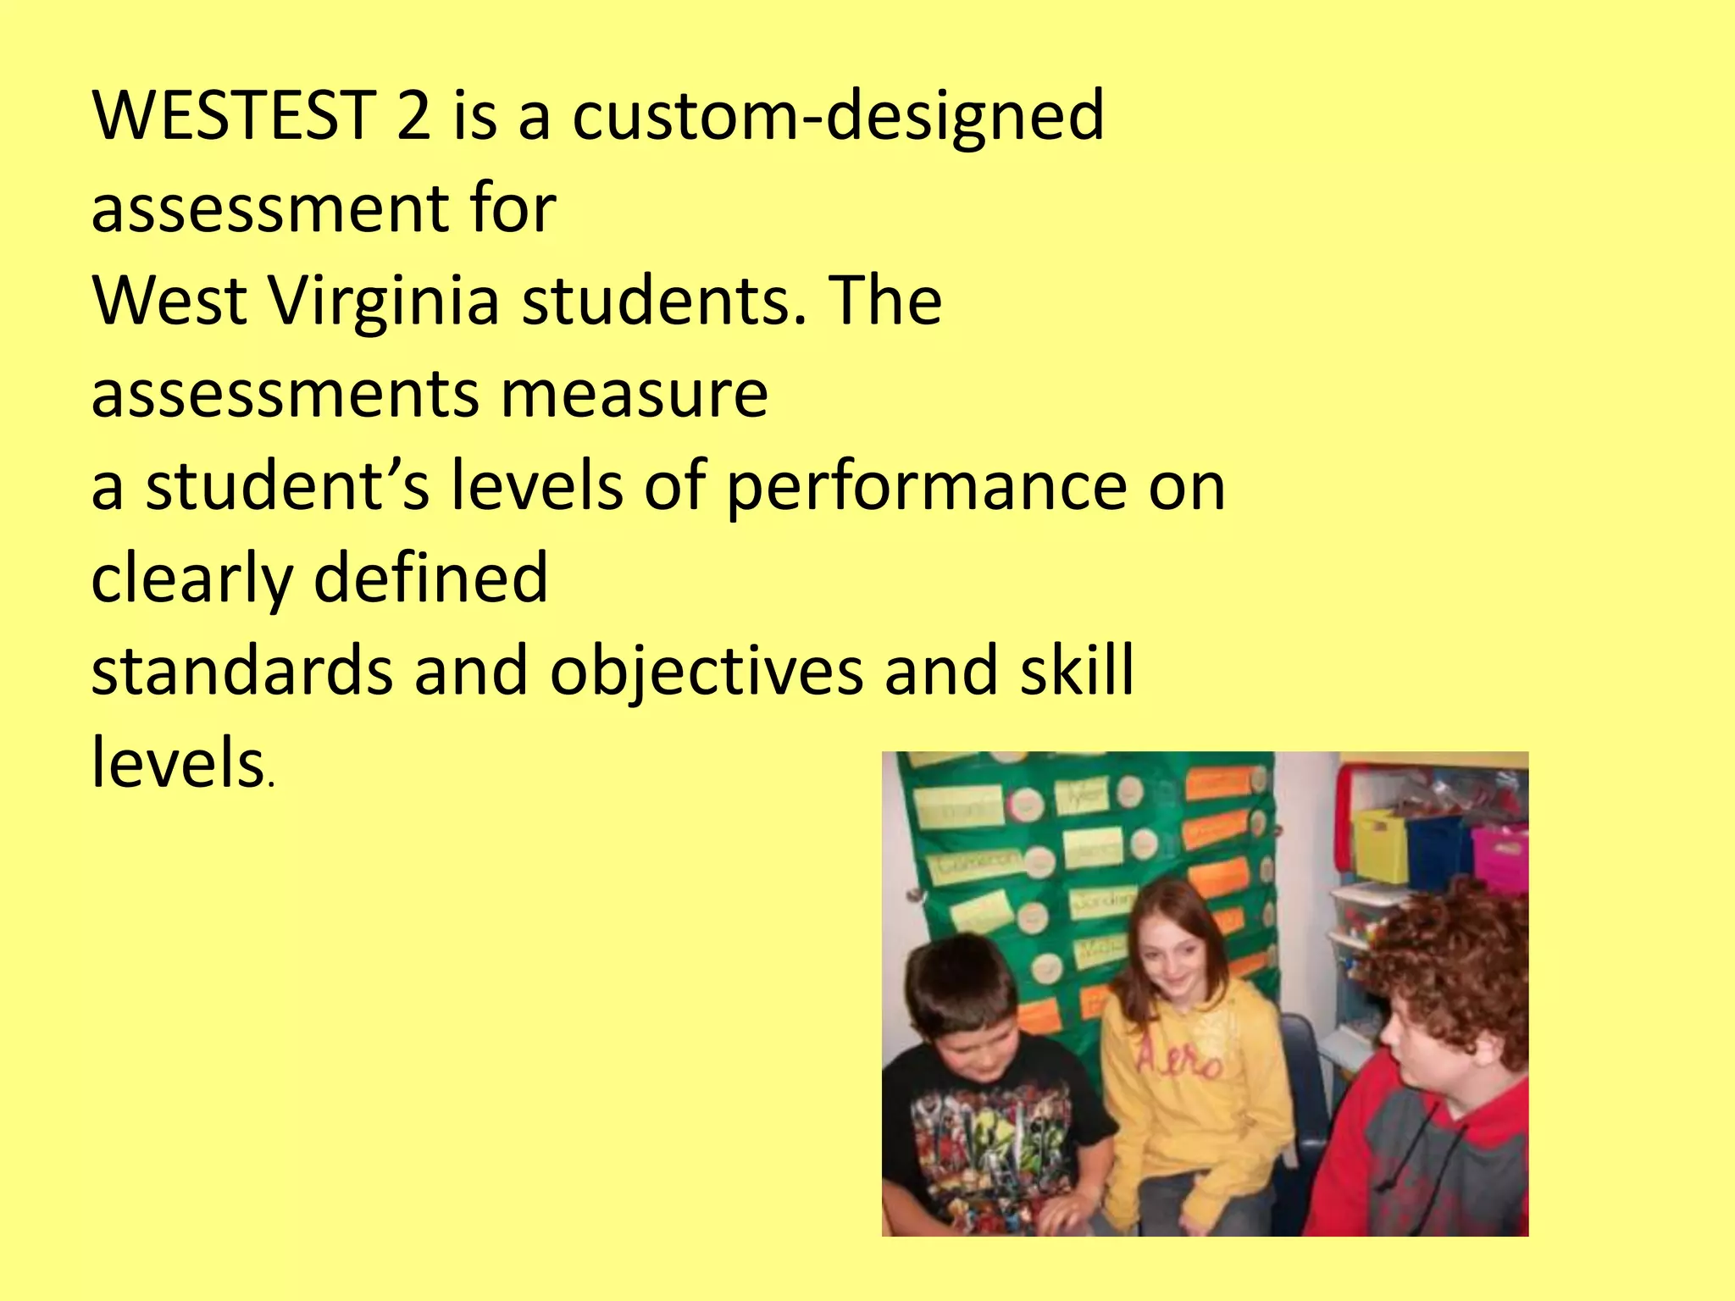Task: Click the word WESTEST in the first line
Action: pos(233,115)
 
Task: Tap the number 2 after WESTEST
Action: pos(413,115)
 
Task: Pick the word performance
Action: pos(926,490)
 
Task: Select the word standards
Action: pos(241,670)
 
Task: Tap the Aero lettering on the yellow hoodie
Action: pos(1178,1059)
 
